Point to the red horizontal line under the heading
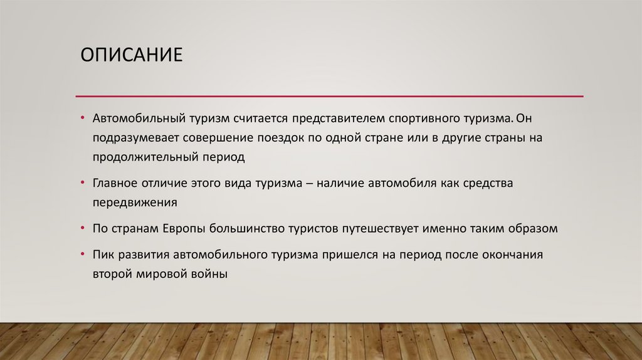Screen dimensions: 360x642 click(x=329, y=96)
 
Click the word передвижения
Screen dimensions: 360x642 click(x=135, y=203)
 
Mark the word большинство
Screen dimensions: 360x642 click(x=246, y=228)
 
